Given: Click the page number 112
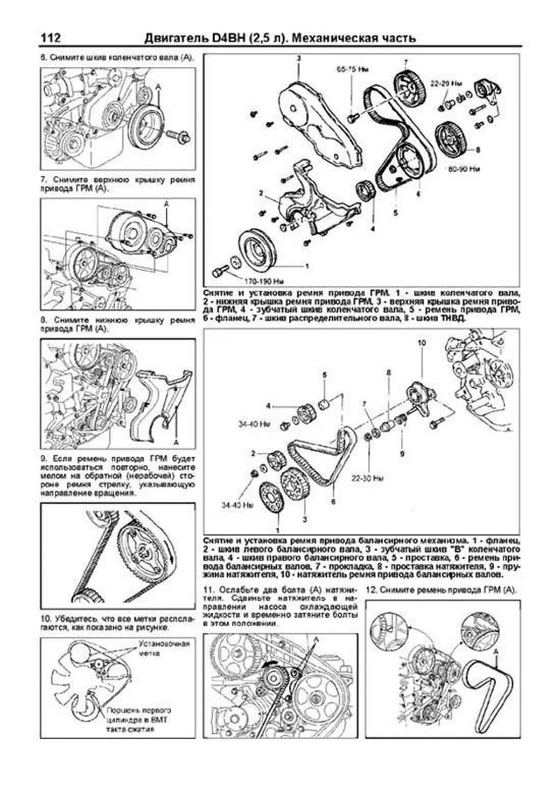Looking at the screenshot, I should click(50, 38).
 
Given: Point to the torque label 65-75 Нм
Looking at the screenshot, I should click(353, 70).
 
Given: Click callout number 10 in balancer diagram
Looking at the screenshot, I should click(421, 343).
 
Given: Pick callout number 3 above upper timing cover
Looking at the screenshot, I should click(299, 58).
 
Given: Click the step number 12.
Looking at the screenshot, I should click(371, 589).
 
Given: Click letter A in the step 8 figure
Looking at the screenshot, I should click(176, 441).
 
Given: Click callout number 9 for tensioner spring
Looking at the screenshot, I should click(402, 453).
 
